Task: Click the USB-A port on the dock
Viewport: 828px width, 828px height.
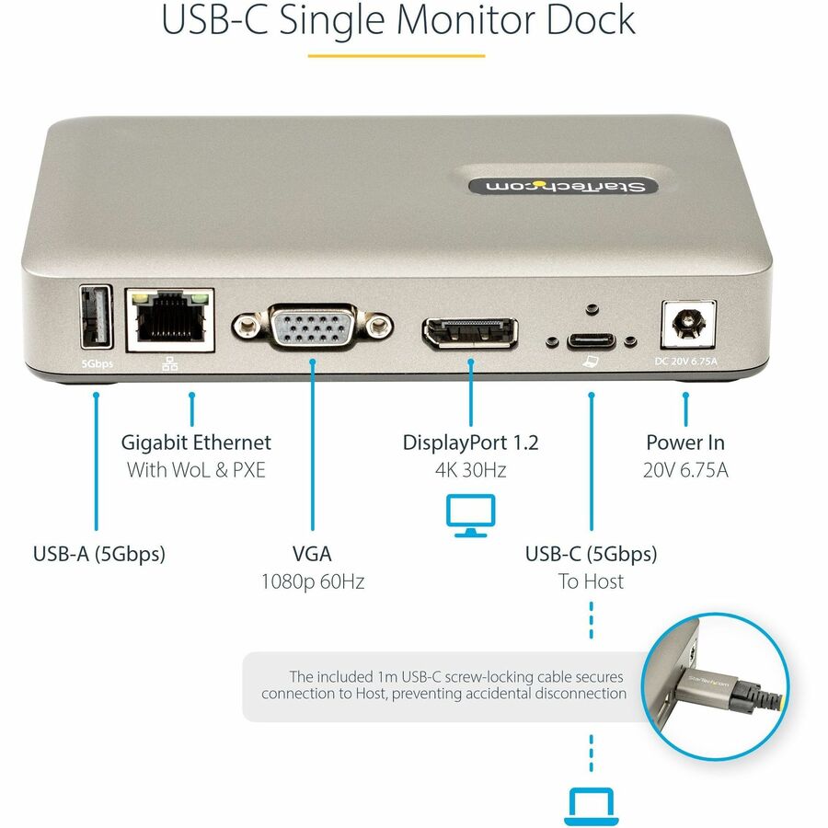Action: click(97, 317)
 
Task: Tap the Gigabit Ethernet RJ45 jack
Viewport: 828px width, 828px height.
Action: click(170, 319)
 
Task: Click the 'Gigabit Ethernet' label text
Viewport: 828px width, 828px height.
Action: click(196, 443)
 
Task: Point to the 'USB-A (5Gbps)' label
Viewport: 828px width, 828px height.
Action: click(98, 554)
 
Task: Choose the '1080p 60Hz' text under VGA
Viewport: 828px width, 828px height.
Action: click(312, 581)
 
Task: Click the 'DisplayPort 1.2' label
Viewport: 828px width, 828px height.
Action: click(470, 443)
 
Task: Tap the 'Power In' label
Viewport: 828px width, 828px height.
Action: click(685, 443)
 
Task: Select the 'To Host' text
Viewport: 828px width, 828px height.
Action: click(591, 581)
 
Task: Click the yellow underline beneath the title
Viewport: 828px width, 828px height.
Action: click(396, 56)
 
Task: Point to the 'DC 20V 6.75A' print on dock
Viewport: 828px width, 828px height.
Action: click(684, 361)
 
